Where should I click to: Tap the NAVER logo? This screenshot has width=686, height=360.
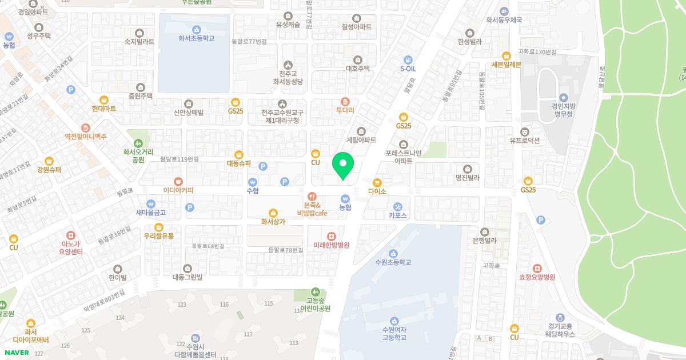click(15, 353)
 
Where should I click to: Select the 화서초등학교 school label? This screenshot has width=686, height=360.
click(196, 38)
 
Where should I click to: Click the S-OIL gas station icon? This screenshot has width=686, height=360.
click(408, 59)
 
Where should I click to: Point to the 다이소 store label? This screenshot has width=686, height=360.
click(377, 191)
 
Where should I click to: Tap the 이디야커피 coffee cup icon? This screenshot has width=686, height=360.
click(178, 181)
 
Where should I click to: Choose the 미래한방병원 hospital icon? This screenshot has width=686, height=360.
click(331, 236)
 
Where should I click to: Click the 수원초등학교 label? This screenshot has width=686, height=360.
click(393, 262)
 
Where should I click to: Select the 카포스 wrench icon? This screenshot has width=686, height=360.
click(398, 206)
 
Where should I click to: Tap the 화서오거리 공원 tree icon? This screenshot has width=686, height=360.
click(138, 142)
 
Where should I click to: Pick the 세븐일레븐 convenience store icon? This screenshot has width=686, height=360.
click(506, 55)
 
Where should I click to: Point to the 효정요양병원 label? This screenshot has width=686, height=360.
click(537, 277)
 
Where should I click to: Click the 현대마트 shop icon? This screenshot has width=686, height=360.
click(103, 99)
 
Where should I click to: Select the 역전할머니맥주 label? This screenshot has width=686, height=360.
click(86, 137)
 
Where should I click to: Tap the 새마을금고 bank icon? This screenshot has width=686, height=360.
click(151, 203)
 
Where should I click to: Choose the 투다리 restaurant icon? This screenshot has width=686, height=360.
click(345, 102)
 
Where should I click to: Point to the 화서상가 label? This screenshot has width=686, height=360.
click(273, 222)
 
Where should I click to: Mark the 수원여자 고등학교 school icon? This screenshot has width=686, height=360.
click(394, 321)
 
